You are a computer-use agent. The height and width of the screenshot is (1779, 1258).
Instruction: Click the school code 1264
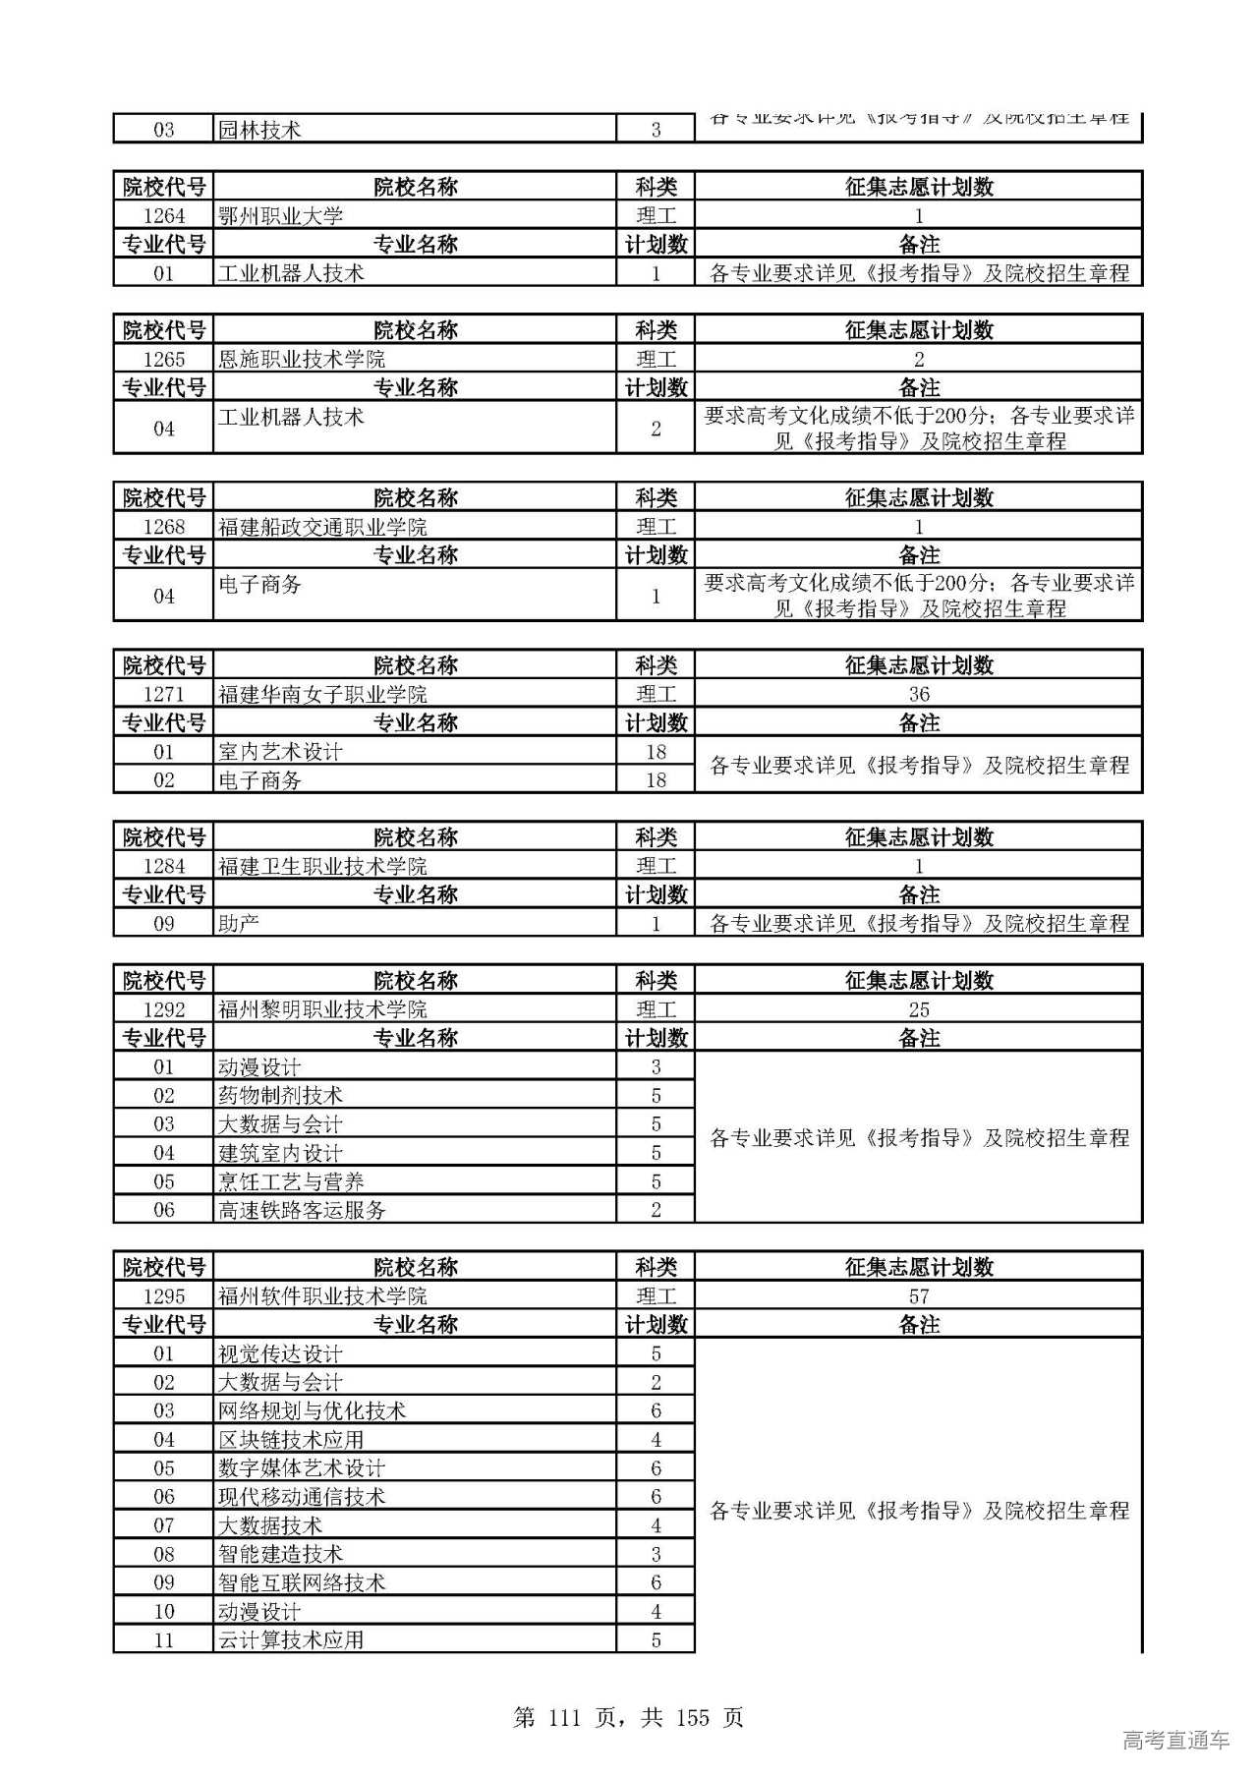tap(163, 216)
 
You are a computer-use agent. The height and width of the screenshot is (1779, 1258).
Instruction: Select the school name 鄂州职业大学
tap(280, 216)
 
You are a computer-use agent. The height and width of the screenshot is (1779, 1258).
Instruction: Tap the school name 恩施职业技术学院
tap(301, 359)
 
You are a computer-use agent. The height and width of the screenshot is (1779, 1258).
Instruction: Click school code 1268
tap(163, 527)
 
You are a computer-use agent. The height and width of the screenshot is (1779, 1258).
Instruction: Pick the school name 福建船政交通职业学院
tap(322, 527)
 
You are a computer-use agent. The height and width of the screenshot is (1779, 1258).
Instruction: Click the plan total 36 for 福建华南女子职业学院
tap(918, 694)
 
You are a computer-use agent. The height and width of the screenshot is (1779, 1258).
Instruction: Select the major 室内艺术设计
tap(280, 752)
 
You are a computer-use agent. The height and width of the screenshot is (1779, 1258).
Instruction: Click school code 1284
tap(163, 866)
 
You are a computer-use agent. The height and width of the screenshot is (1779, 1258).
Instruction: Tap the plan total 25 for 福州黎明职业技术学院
tap(918, 1009)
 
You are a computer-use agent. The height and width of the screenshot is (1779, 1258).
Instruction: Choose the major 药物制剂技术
tap(280, 1095)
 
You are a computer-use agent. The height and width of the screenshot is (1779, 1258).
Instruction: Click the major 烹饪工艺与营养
tap(291, 1181)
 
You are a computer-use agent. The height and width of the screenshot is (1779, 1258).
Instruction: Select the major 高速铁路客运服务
tap(302, 1210)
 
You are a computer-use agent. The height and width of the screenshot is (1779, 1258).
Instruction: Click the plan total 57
tap(918, 1296)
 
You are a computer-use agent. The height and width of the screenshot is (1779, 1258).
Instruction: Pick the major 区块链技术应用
tap(291, 1440)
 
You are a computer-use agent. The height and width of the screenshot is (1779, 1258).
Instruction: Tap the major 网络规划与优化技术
tap(312, 1411)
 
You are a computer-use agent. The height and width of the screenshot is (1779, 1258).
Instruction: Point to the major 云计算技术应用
tap(291, 1640)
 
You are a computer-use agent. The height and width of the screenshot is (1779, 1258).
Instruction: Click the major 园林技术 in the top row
tap(259, 130)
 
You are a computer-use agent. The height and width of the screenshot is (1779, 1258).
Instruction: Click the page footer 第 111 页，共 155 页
tap(628, 1718)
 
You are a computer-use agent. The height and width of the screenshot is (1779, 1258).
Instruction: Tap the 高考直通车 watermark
tap(1175, 1741)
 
